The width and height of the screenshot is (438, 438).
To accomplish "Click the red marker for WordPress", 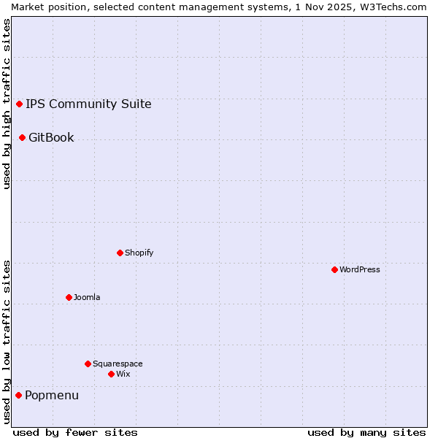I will pos(334,269).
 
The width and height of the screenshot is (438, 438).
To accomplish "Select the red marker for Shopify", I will pos(120,253).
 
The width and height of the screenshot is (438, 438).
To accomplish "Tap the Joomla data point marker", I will pos(69,297).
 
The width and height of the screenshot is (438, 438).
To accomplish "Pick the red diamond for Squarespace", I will pos(88,364).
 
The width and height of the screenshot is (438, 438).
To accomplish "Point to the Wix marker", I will pos(111,374).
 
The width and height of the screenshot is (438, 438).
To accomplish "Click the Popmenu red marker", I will pos(18,395).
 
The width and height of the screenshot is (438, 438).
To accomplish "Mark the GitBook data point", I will pos(22,137).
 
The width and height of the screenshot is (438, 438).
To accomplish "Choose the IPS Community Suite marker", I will pos(19,104).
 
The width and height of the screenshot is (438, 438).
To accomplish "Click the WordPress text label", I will pos(359,269).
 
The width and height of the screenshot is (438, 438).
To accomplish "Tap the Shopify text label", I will pos(139,253).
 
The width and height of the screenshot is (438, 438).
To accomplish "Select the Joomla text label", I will pos(87,297).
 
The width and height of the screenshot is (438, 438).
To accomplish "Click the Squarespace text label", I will pos(118,364).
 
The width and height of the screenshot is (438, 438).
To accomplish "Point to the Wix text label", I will pos(123,374).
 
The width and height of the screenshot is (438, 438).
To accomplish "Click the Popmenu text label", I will pos(52,395).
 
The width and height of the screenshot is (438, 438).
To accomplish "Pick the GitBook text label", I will pos(51,137).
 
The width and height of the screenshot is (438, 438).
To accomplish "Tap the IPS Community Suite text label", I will pos(88,104).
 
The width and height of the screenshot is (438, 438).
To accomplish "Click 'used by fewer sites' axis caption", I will pos(75,432).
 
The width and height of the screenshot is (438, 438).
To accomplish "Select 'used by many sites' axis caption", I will pos(366,432).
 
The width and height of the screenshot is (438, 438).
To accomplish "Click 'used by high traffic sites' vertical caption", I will pos(7,104).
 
